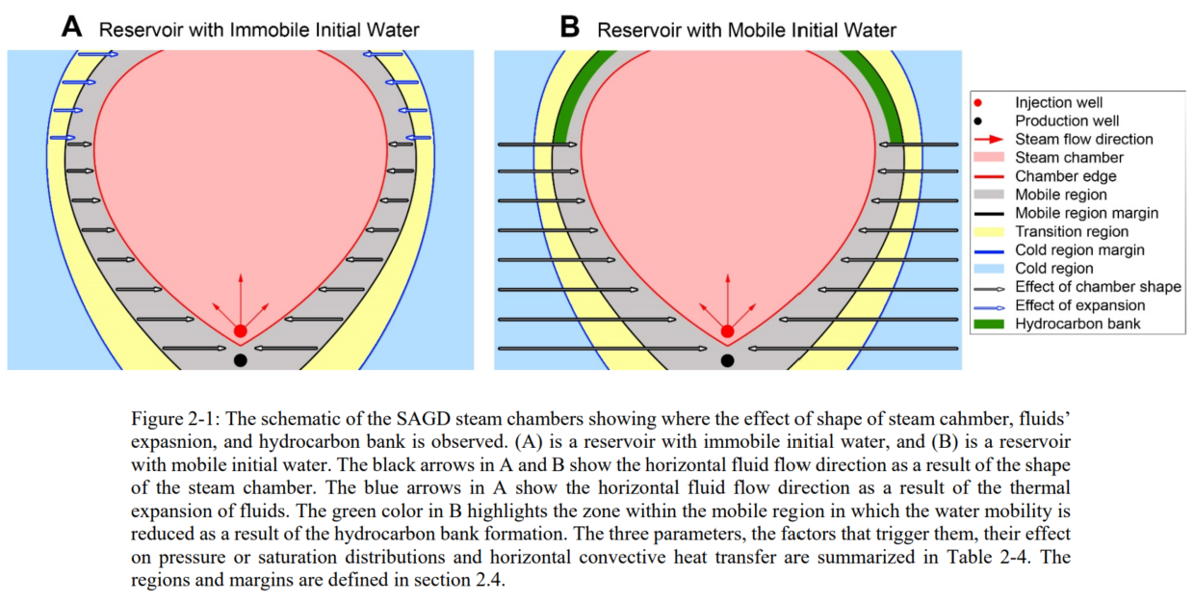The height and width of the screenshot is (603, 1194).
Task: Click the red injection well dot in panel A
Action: (x=241, y=330)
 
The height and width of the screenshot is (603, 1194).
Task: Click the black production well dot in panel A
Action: (x=241, y=360)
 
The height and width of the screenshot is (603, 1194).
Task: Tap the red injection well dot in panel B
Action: (x=728, y=330)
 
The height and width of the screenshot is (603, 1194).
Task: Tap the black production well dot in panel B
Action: (x=728, y=360)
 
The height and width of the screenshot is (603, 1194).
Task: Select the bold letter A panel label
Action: (x=72, y=27)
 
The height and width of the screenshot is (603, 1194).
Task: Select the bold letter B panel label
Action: (x=570, y=27)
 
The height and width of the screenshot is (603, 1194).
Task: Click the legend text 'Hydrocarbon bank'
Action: (x=1077, y=324)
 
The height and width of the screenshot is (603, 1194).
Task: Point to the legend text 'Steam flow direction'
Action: (x=1083, y=139)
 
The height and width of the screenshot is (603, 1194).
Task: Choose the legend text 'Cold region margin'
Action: (x=1079, y=249)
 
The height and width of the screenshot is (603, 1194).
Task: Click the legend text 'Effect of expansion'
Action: (x=1080, y=305)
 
